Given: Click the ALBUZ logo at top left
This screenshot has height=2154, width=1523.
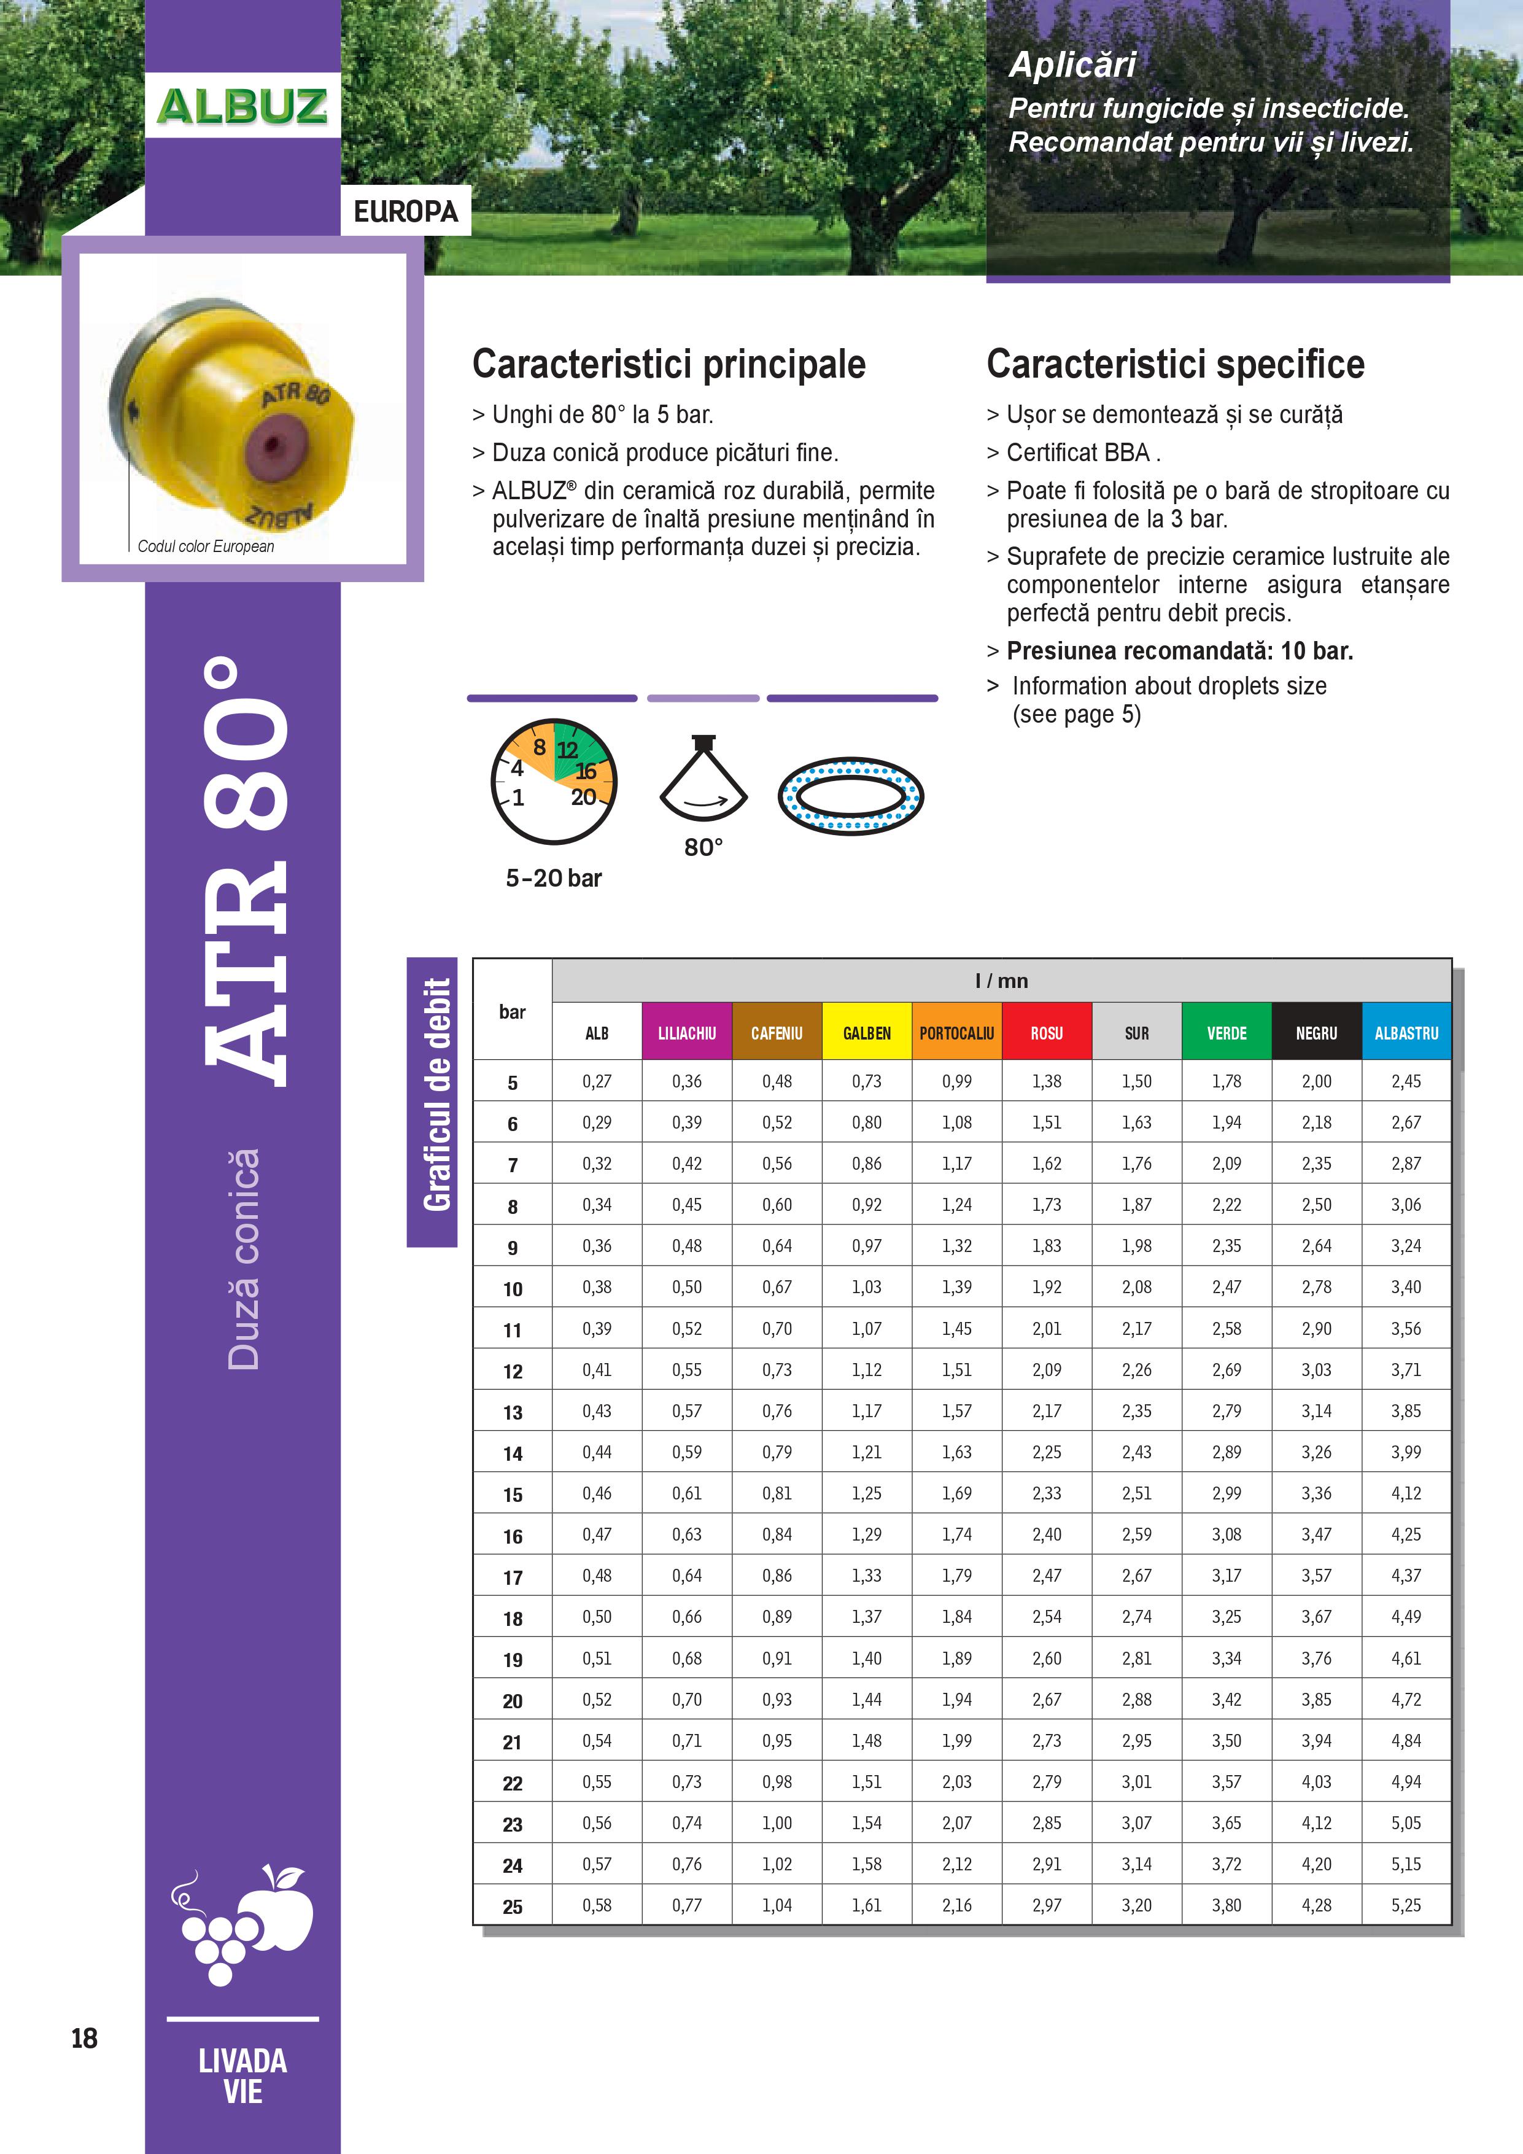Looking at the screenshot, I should [242, 106].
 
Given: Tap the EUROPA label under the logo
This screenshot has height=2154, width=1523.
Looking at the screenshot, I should [405, 212].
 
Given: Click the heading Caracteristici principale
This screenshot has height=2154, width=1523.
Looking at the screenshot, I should [668, 364].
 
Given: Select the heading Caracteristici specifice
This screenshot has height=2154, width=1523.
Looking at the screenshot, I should [1175, 364].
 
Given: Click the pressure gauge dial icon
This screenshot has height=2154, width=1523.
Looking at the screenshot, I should [553, 782].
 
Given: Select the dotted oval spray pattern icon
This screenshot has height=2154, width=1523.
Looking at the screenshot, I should [851, 796].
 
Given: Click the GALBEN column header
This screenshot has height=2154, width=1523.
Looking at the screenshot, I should [867, 1033].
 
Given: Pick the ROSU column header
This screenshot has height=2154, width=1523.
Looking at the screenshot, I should [1047, 1033].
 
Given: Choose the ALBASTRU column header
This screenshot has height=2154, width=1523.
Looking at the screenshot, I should [1406, 1033].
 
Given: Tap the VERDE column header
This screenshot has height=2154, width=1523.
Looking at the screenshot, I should [1227, 1033].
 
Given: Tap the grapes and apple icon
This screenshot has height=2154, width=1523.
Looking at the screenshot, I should [242, 1923].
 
